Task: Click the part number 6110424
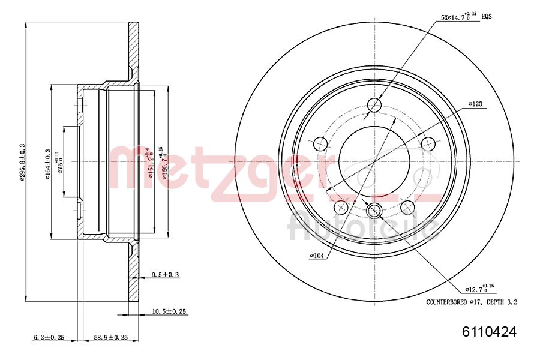(x=488, y=331)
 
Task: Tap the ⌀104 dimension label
(x=317, y=256)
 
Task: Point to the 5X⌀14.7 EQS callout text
(x=466, y=18)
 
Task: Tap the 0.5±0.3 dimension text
(x=165, y=274)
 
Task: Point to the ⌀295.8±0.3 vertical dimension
(x=22, y=162)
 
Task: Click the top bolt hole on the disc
(x=374, y=105)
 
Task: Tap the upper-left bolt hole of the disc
(x=320, y=143)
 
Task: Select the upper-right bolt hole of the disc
(x=428, y=143)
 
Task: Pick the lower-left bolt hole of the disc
(x=341, y=207)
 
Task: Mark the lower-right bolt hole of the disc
(x=407, y=207)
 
